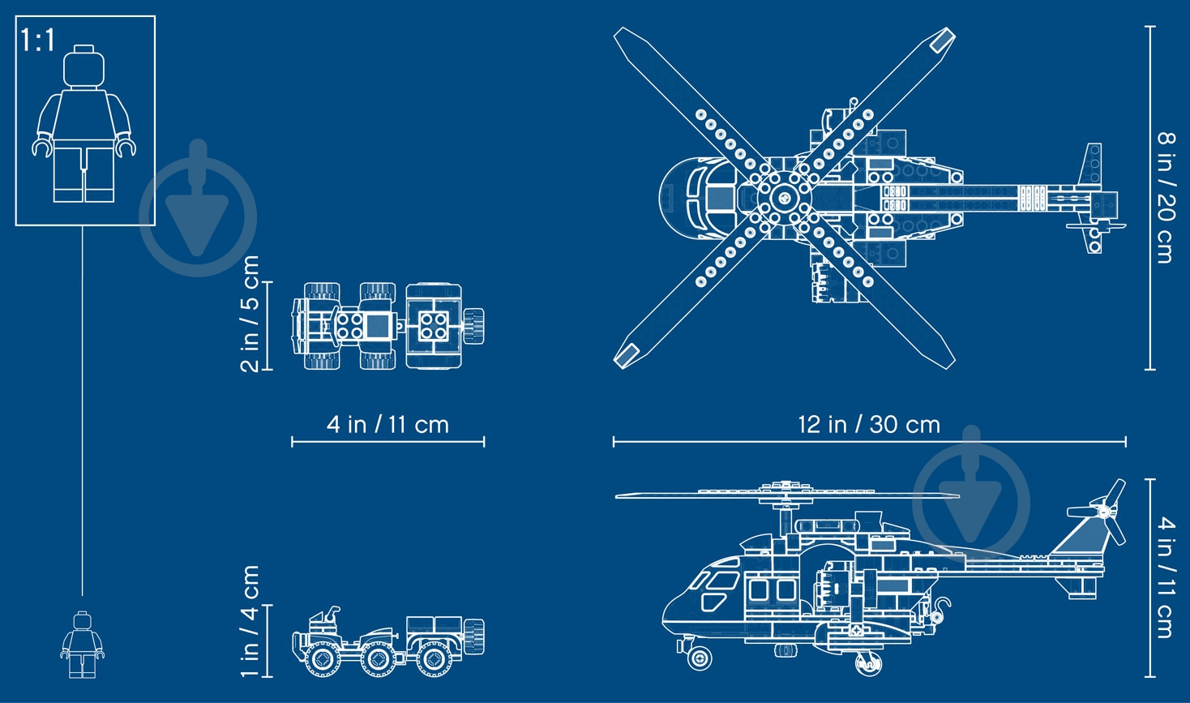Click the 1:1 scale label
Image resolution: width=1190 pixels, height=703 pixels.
click(37, 41)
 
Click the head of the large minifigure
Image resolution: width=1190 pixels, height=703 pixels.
click(84, 66)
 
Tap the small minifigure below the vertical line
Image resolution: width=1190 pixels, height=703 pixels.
click(83, 644)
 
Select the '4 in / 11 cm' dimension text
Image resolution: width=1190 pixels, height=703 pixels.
click(387, 425)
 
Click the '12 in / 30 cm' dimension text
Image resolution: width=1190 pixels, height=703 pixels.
click(869, 425)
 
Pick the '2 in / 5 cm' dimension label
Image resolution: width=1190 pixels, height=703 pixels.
click(250, 314)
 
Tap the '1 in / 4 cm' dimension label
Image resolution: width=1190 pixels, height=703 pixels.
click(250, 621)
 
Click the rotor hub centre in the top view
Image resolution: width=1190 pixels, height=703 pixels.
click(784, 198)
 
